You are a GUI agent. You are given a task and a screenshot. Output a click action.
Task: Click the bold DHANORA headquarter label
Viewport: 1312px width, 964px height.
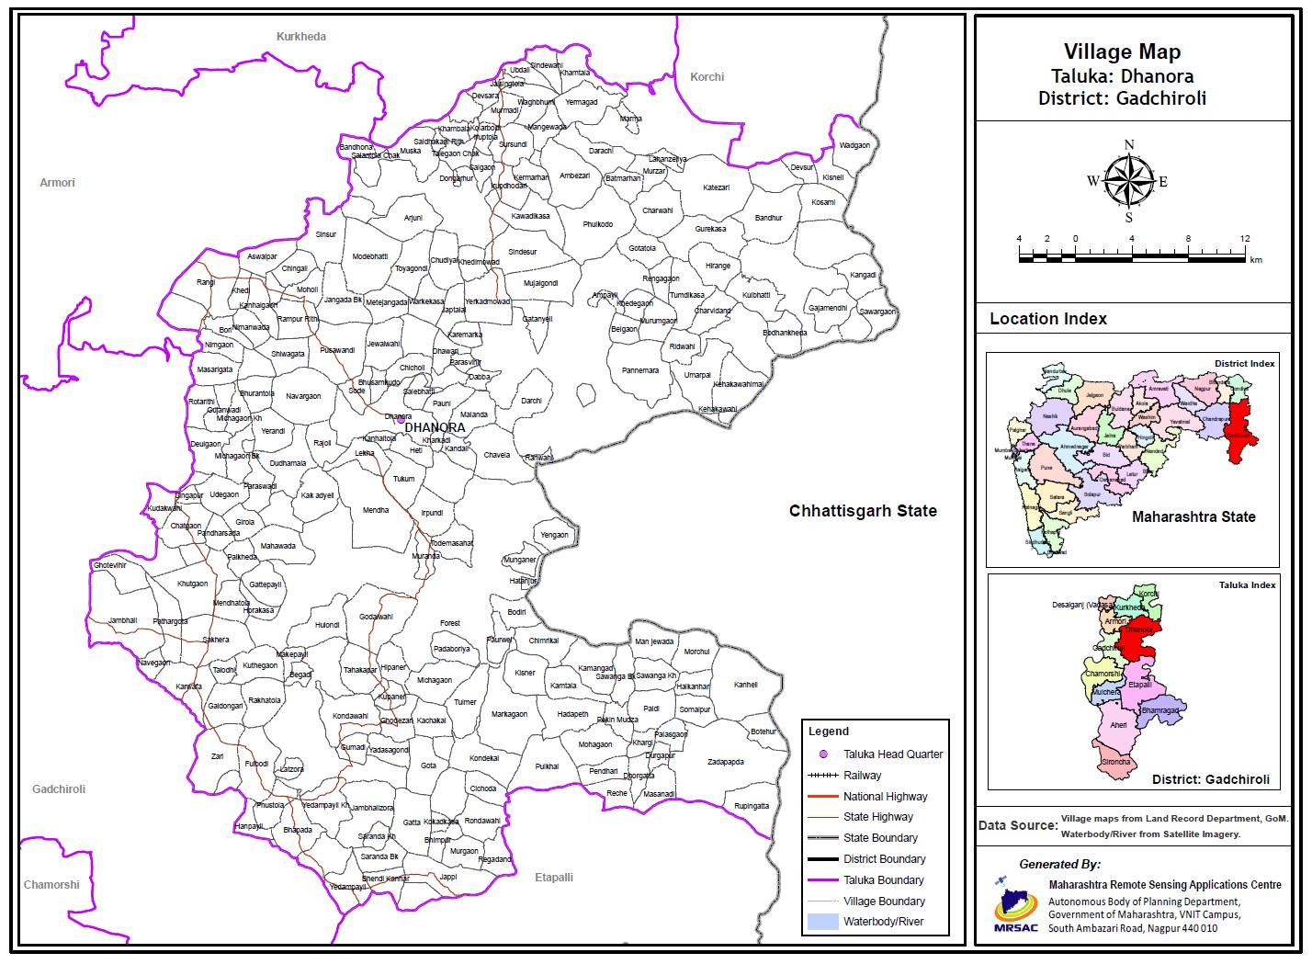(x=435, y=428)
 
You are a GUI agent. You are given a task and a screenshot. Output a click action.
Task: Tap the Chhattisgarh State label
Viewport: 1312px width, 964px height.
(x=863, y=511)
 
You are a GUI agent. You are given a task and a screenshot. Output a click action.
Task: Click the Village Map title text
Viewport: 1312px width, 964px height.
(x=1122, y=52)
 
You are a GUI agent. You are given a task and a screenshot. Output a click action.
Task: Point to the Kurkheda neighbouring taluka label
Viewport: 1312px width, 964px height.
(x=301, y=37)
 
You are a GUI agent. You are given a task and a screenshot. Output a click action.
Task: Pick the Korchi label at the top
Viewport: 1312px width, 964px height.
(x=707, y=77)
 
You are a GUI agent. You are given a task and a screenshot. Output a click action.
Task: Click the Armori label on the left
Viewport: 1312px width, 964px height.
(x=57, y=183)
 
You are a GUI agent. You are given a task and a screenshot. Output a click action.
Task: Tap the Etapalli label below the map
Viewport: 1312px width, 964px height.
(x=554, y=878)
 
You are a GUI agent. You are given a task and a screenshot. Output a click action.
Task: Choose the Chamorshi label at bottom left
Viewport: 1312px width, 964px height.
(x=51, y=885)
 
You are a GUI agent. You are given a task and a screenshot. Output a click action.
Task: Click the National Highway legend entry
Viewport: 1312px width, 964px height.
(x=885, y=797)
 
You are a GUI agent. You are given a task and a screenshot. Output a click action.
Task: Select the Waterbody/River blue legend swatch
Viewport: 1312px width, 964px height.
(x=823, y=922)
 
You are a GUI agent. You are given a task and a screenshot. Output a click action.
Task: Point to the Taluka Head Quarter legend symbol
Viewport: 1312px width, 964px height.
(x=823, y=754)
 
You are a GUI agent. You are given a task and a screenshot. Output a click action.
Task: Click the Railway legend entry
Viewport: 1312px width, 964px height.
(x=862, y=776)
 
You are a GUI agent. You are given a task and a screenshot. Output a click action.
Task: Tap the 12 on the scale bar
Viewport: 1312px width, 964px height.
(x=1244, y=239)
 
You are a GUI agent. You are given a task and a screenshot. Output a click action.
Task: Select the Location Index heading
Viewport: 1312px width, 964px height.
(x=1048, y=319)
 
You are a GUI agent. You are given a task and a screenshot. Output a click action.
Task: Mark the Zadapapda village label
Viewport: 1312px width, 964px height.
(x=726, y=762)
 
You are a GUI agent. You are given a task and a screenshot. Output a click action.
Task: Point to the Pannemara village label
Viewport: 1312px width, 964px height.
(x=640, y=371)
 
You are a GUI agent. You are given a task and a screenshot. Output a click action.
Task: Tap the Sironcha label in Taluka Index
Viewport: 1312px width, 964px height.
(x=1116, y=763)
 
